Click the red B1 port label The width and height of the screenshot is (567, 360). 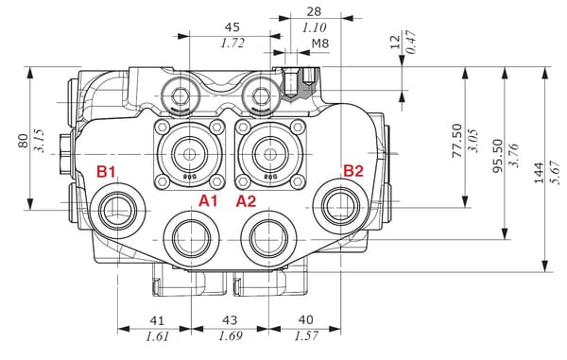pos(106,172)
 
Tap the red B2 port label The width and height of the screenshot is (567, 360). pos(352,171)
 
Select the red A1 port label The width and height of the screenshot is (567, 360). pos(208,200)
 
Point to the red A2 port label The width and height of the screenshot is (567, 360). pos(246,201)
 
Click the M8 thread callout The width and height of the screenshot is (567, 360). pos(320,43)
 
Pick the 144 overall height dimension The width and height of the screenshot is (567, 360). pos(539,173)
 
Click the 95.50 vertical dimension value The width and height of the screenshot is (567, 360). pos(498,156)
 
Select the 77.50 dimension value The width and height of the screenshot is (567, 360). pos(457,141)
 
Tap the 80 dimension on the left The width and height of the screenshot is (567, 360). pos(23,141)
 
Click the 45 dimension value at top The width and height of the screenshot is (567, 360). pos(232,27)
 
